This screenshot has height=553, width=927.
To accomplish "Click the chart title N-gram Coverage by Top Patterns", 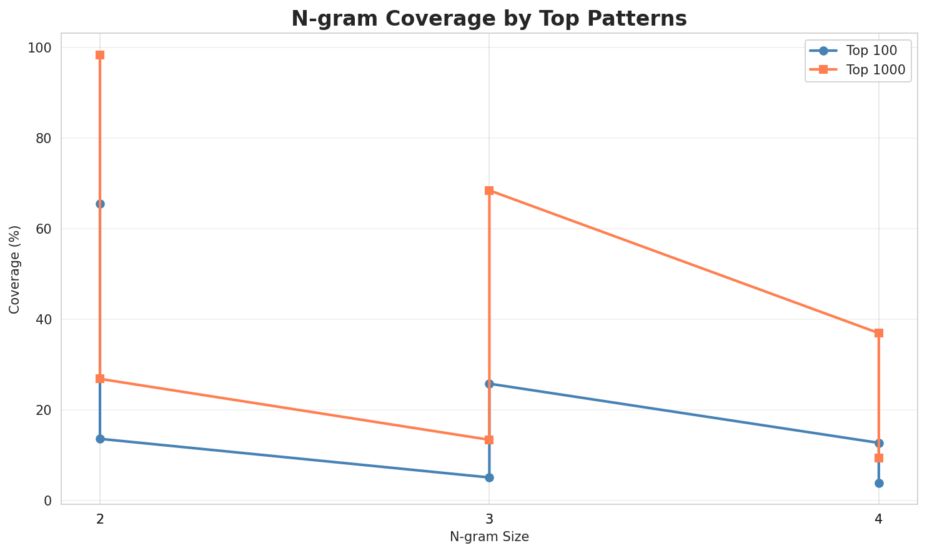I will tap(489, 19).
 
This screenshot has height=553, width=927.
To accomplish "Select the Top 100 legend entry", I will tap(865, 51).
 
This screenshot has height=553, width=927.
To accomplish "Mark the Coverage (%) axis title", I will tap(14, 269).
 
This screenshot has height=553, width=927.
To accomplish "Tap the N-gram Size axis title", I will tap(489, 537).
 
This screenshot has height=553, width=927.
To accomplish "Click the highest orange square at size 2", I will tap(100, 55).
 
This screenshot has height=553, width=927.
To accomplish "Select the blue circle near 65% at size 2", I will tap(100, 204).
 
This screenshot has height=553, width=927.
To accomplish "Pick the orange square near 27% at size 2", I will tap(100, 379).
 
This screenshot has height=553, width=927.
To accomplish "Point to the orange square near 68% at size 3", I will tap(489, 191).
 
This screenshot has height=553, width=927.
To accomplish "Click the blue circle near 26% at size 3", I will tap(489, 384).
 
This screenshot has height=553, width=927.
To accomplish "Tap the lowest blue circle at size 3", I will tap(489, 477).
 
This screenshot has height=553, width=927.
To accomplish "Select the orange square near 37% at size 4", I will tap(879, 333).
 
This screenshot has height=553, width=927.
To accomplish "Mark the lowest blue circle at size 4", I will tap(879, 483).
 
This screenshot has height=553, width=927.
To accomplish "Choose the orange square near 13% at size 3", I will tap(489, 440).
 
